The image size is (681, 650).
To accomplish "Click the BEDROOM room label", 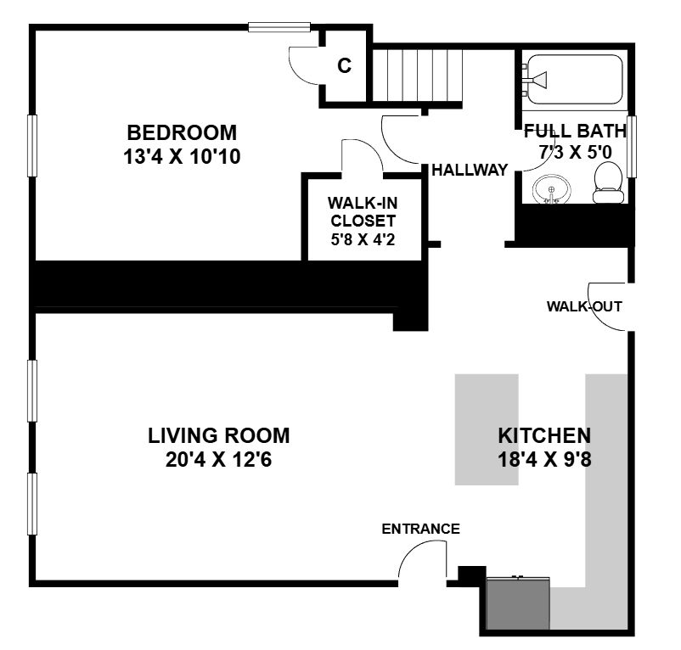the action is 182,132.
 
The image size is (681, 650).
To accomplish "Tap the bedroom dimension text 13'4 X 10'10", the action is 182,157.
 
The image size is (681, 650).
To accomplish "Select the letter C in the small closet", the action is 345,66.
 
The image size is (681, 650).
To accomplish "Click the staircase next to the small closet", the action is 418,75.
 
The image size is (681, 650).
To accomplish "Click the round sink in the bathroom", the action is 552,189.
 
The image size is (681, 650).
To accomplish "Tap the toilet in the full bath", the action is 609,182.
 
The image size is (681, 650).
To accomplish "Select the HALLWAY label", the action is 470,170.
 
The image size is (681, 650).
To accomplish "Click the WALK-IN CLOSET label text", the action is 363,212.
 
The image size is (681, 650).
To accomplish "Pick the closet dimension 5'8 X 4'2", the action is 363,239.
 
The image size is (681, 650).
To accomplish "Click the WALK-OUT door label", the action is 584,306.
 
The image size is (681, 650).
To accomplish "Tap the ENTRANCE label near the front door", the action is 420,529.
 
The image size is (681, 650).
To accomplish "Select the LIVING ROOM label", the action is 219,435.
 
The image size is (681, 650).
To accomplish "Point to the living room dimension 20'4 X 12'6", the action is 219,460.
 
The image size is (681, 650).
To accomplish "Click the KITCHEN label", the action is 544,435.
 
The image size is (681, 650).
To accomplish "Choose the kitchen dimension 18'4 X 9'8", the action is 544,460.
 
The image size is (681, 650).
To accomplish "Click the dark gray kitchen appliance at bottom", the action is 518,602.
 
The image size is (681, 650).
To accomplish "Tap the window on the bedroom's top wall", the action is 279,27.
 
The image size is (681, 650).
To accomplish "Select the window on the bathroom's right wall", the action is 632,146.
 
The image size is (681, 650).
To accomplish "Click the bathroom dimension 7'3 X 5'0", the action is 576,152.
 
